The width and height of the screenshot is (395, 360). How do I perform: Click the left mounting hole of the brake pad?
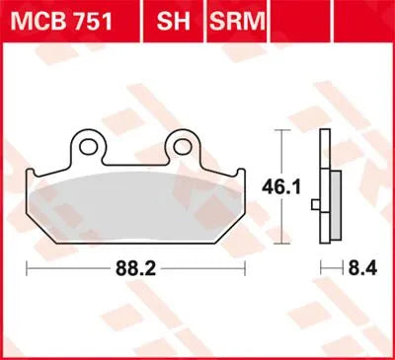pyautogui.click(x=90, y=146)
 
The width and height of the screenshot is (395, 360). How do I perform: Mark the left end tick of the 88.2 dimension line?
pyautogui.click(x=26, y=267)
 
